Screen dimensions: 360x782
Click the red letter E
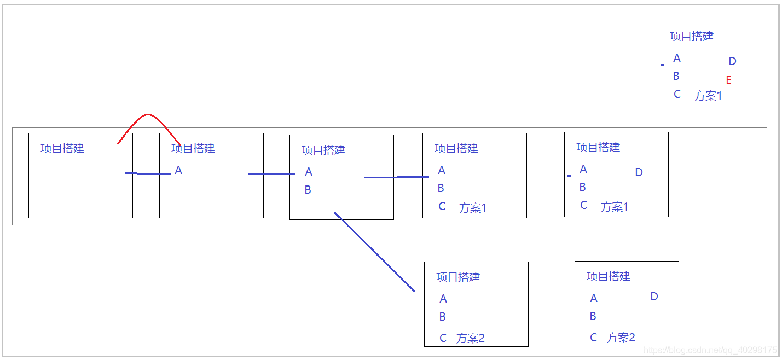click(728, 80)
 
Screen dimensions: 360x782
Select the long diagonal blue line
click(375, 252)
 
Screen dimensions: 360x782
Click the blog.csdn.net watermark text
click(710, 350)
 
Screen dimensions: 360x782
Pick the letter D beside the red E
click(732, 61)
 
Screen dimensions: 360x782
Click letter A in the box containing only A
click(178, 170)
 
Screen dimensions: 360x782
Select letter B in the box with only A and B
click(308, 190)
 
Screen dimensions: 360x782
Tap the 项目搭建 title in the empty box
click(62, 148)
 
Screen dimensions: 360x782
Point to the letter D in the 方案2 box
click(654, 297)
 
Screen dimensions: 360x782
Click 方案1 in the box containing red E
click(708, 96)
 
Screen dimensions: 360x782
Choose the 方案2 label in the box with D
click(621, 338)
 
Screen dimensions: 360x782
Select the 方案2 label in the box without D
click(471, 338)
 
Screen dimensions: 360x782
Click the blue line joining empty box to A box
click(147, 173)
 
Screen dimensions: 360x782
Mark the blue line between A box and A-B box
click(271, 174)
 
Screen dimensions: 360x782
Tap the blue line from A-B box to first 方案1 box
click(396, 177)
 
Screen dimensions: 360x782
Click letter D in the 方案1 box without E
click(639, 172)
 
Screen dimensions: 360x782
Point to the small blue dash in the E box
click(662, 65)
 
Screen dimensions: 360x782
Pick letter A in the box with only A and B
click(309, 172)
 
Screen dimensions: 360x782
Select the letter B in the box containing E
click(676, 76)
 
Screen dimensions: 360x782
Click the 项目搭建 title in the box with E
click(692, 36)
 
